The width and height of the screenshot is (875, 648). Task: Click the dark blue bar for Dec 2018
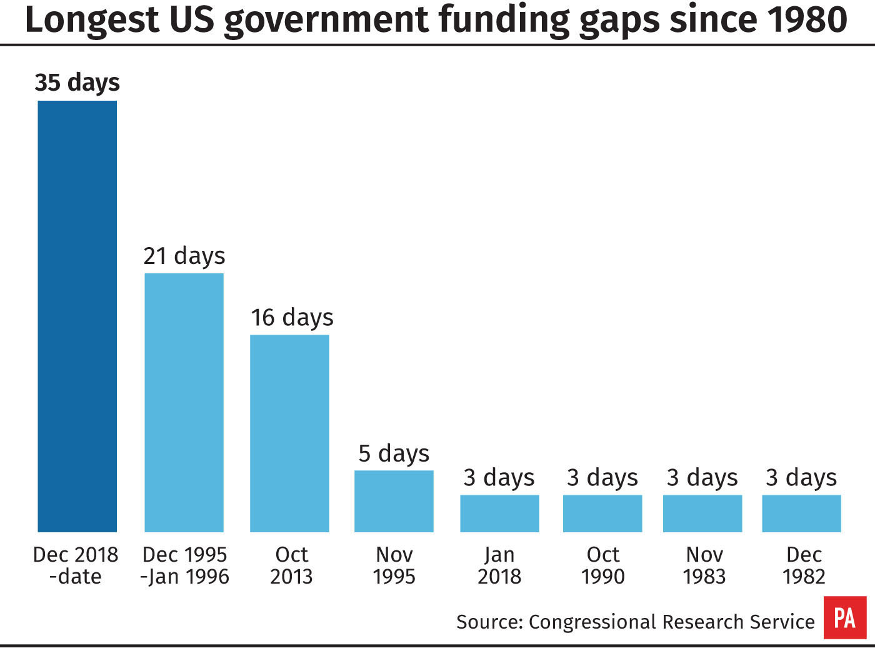coord(77,316)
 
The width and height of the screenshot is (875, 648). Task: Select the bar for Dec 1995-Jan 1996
coord(184,403)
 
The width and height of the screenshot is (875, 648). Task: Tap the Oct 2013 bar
coord(289,433)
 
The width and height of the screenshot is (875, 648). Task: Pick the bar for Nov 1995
coord(394,502)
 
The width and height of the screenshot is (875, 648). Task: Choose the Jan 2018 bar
coord(500,514)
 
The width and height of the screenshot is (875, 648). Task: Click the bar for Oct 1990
coord(602,514)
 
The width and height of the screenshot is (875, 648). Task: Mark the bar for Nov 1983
coord(702,514)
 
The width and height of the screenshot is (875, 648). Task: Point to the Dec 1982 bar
coord(802,514)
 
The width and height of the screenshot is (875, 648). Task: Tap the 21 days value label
coord(184,256)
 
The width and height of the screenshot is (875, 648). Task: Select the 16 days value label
coord(292,318)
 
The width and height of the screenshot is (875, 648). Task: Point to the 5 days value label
coord(394,453)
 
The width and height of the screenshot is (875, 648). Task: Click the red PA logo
coord(845,617)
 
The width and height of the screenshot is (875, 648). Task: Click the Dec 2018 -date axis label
coord(76,565)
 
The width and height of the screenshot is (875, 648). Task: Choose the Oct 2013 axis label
coord(291,565)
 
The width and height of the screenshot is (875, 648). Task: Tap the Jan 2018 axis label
coord(499,565)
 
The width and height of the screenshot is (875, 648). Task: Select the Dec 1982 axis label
coord(804,565)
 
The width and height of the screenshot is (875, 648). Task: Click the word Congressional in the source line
coord(592,622)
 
